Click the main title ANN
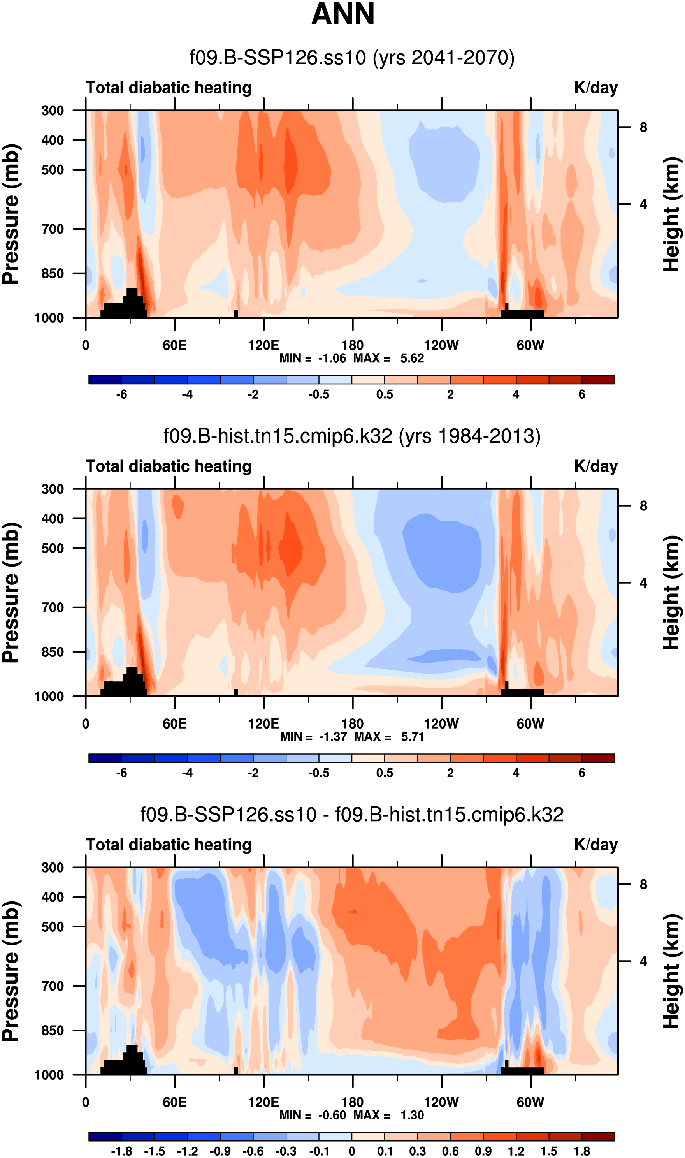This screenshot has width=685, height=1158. point(343,14)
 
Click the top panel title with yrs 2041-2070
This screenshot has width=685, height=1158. point(352,58)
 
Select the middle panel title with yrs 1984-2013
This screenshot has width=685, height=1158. point(352,436)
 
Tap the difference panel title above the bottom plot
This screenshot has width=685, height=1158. point(352,814)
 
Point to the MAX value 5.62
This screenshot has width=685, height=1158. point(412,358)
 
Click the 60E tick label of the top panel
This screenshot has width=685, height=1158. point(174,345)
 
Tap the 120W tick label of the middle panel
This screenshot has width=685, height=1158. point(441,723)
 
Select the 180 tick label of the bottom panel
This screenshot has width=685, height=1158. point(353,1102)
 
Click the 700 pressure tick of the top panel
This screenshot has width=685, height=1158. point(53,229)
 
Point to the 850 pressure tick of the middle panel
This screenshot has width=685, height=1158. point(53,652)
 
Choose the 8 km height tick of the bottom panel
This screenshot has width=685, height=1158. point(643,884)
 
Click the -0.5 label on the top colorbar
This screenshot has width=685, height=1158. point(319,395)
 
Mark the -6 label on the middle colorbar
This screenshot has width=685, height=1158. point(121,773)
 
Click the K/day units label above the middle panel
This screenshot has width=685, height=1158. point(595,466)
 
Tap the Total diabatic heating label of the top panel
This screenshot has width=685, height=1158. point(169,88)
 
